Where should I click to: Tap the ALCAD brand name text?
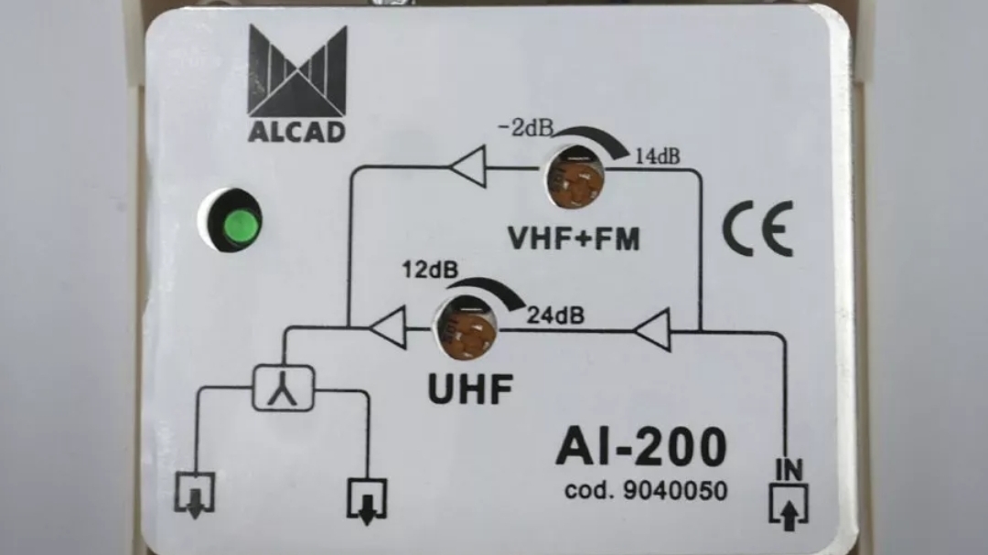pyautogui.click(x=296, y=132)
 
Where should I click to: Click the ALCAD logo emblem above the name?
pyautogui.click(x=297, y=70)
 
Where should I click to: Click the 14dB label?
pyautogui.click(x=657, y=156)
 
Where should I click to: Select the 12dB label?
pyautogui.click(x=430, y=270)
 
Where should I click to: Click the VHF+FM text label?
pyautogui.click(x=574, y=239)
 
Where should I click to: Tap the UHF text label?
pyautogui.click(x=470, y=389)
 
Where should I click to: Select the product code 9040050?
pyautogui.click(x=646, y=491)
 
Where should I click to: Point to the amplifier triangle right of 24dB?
pyautogui.click(x=652, y=330)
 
